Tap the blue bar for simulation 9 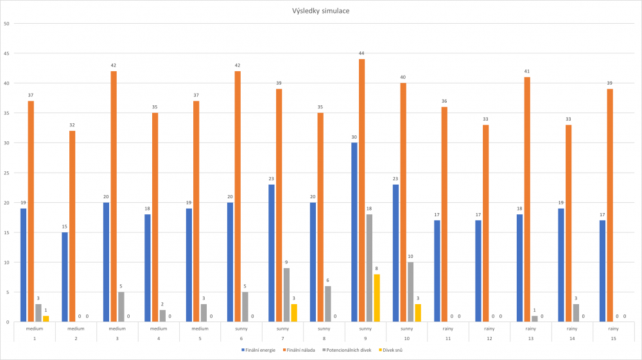(x=354, y=232)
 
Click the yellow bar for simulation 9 (x=377, y=298)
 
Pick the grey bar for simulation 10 (x=410, y=291)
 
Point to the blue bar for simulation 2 (x=65, y=277)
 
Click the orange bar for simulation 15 (x=610, y=205)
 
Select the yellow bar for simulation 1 (x=46, y=318)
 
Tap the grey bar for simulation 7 (x=287, y=295)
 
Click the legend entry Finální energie (x=259, y=350)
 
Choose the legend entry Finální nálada (x=300, y=350)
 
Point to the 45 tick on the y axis (x=6, y=53)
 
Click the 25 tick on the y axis (x=6, y=173)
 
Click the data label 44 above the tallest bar (x=362, y=53)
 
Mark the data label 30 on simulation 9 (x=354, y=137)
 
